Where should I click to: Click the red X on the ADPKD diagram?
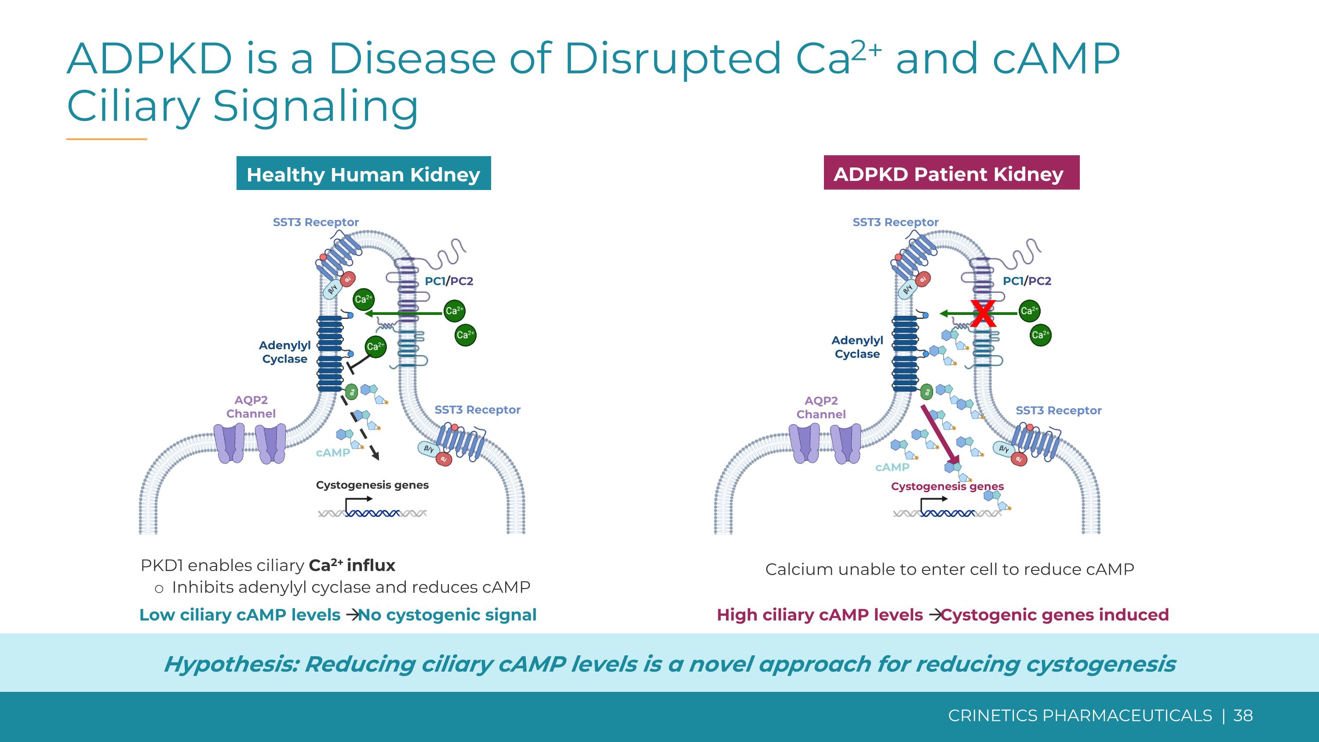(983, 314)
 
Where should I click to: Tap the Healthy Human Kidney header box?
(363, 174)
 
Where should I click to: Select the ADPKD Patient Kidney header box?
(951, 173)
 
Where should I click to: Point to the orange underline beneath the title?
(106, 139)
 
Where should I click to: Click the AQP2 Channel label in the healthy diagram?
(251, 406)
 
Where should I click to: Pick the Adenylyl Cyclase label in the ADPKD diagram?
(857, 347)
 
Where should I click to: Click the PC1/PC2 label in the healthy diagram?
(448, 281)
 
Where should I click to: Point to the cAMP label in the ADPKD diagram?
(892, 467)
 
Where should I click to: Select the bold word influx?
(371, 565)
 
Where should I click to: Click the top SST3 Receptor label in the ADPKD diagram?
(895, 222)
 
